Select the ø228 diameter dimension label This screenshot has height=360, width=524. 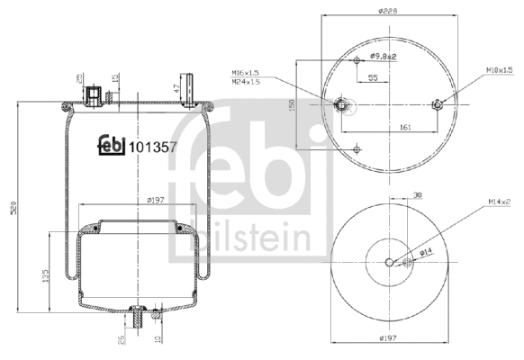388,12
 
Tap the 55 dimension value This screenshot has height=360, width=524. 372,78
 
